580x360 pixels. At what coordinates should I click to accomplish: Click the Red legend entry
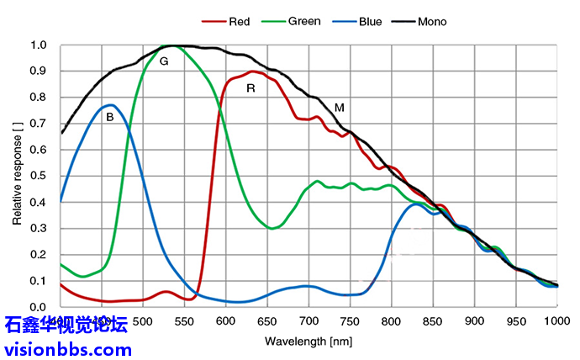(x=239, y=21)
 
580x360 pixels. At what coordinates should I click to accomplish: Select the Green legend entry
(x=303, y=21)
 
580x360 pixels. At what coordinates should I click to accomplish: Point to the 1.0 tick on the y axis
(x=39, y=45)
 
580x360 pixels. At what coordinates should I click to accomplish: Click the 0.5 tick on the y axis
(x=39, y=176)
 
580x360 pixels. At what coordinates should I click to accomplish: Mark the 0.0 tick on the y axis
(x=39, y=307)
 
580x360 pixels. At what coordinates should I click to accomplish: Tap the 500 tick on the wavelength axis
(x=144, y=321)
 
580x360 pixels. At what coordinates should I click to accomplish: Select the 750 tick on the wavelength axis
(x=351, y=321)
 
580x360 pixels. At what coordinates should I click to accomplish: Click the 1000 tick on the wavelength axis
(x=556, y=321)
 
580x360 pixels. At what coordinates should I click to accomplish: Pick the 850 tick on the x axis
(x=433, y=321)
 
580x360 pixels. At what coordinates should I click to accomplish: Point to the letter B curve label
(x=109, y=118)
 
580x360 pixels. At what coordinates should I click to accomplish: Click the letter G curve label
(x=164, y=61)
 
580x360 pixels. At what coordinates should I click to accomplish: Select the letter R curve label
(x=250, y=87)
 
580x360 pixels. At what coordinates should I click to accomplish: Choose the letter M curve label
(x=339, y=108)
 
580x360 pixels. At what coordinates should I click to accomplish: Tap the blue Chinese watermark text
(x=66, y=325)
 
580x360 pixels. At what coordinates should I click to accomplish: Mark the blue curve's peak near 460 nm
(x=110, y=105)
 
